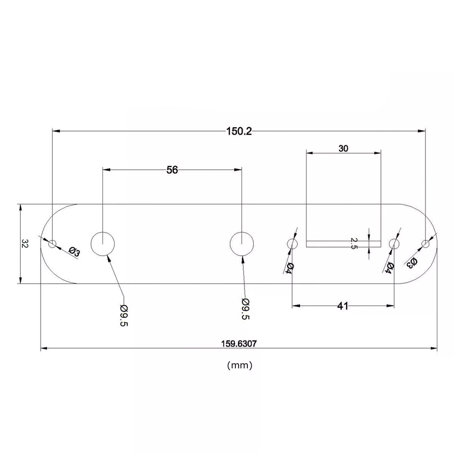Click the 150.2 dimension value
(239, 131)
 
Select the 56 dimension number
(172, 170)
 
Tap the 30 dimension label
(343, 149)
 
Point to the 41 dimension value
(342, 306)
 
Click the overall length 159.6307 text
(238, 344)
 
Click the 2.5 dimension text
(354, 243)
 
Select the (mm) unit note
(239, 365)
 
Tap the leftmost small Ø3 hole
(52, 244)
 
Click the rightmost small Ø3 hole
(425, 244)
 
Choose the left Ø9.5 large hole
(103, 244)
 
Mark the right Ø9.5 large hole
(242, 244)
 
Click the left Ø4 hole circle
(292, 244)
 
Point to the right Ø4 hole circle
(394, 244)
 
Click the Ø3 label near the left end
(74, 252)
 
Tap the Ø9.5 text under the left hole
(124, 316)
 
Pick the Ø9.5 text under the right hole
(245, 309)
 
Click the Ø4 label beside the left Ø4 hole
(289, 269)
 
